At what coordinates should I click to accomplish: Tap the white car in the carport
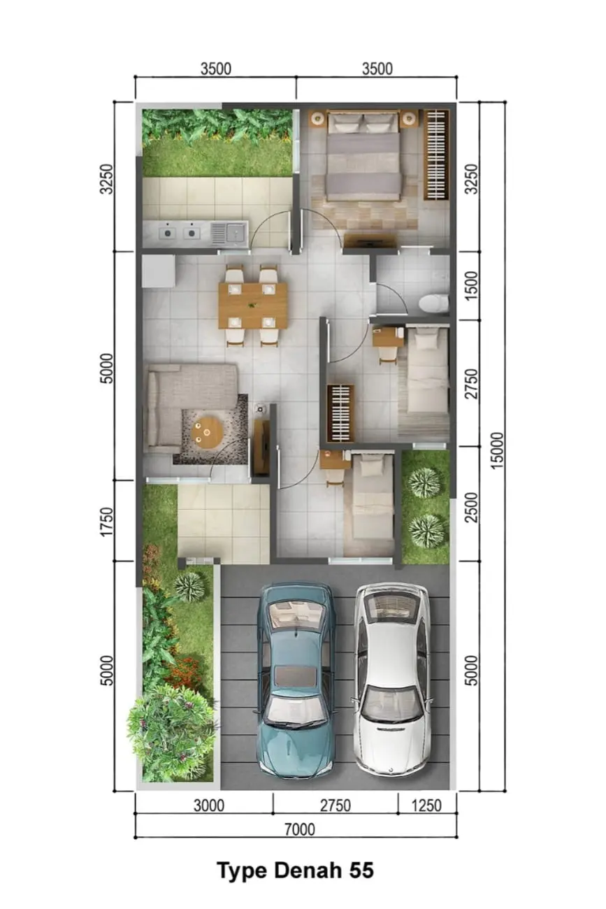tap(391, 680)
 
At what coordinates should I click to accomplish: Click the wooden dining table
tap(253, 305)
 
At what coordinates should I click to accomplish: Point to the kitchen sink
tap(229, 234)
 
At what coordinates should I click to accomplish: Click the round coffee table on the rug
tap(206, 432)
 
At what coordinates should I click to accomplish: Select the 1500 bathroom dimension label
tap(472, 286)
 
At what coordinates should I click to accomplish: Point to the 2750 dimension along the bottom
tap(336, 806)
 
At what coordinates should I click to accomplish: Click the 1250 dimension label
tap(426, 806)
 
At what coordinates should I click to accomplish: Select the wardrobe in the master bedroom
tap(436, 155)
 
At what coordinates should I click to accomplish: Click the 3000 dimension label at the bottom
tap(208, 806)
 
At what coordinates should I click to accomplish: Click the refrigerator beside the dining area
tap(158, 271)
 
